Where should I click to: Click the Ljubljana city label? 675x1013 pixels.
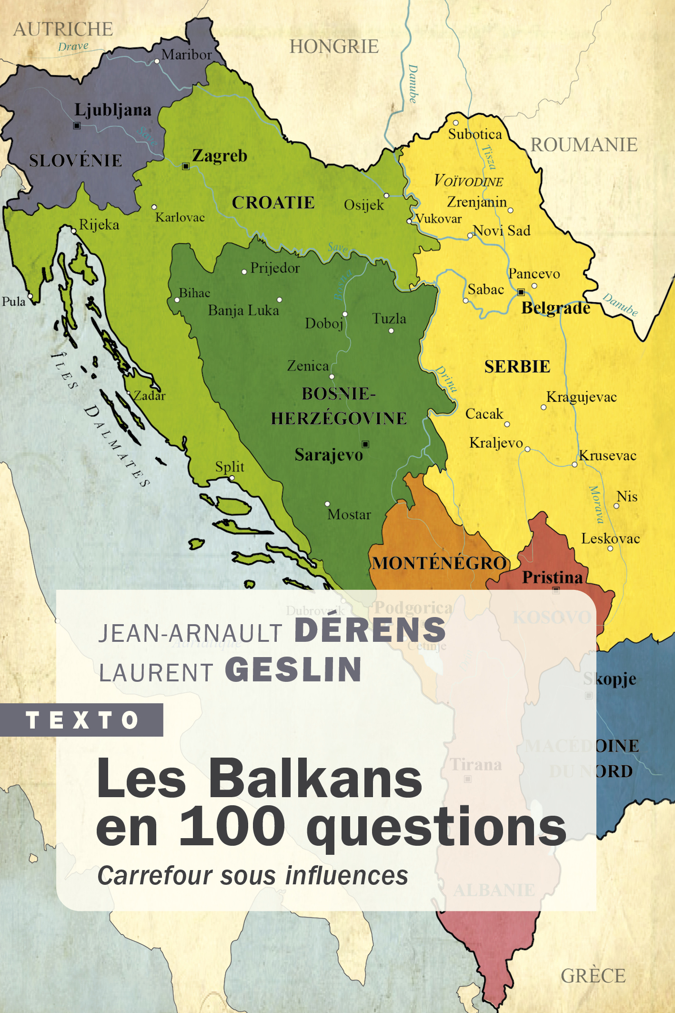[113, 110]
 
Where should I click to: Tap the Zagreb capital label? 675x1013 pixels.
[220, 156]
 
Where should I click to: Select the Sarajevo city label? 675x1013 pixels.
[329, 455]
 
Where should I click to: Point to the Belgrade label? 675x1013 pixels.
[555, 308]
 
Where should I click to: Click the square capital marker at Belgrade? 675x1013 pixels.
[521, 292]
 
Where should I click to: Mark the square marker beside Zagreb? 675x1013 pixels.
[186, 166]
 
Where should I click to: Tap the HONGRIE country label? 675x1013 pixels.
[334, 47]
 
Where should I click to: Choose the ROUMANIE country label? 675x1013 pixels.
[584, 145]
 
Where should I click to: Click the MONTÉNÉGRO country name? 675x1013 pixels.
[439, 563]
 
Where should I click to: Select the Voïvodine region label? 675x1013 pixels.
[468, 181]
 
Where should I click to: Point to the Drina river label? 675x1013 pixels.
[447, 379]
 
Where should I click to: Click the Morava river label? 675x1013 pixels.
[596, 504]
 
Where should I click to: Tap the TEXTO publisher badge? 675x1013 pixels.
[82, 720]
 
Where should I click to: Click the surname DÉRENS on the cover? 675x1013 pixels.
[370, 630]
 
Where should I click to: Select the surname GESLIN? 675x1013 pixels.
[293, 669]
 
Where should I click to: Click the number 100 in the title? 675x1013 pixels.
[232, 827]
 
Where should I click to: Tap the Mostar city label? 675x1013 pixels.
[349, 515]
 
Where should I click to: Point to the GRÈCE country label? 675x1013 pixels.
[593, 976]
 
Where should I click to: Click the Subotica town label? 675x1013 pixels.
[475, 134]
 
